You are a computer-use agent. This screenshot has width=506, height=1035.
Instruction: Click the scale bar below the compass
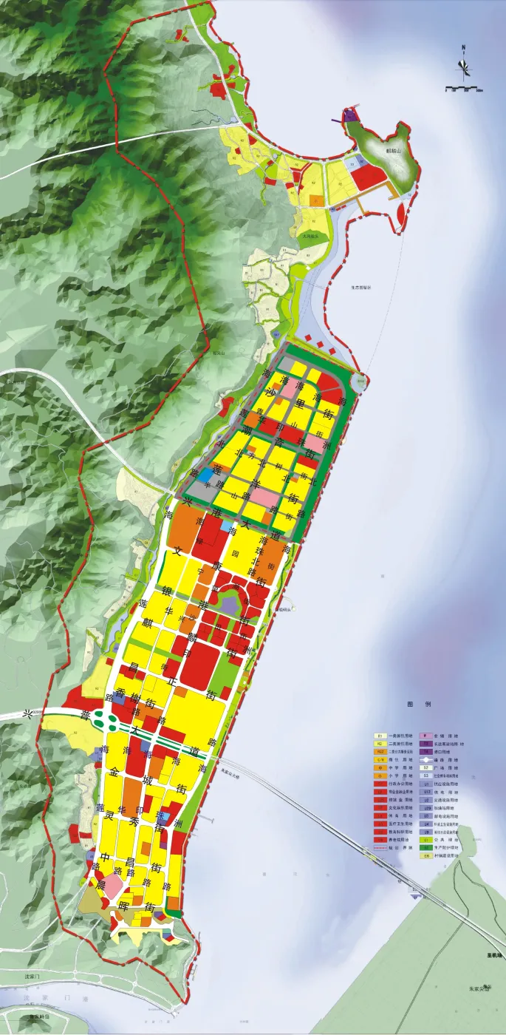pyautogui.click(x=464, y=89)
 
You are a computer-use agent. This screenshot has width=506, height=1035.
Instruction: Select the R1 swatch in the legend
pyautogui.click(x=380, y=736)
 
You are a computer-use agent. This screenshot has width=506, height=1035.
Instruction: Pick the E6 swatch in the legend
pyautogui.click(x=426, y=856)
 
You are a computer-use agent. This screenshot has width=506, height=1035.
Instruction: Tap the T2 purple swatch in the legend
pyautogui.click(x=426, y=744)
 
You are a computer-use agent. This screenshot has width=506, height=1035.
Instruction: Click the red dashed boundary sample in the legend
pyautogui.click(x=380, y=848)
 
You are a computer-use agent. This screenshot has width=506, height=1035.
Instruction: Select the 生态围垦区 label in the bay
pyautogui.click(x=363, y=288)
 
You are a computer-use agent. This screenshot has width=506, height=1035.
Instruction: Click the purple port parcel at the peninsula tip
pyautogui.click(x=350, y=116)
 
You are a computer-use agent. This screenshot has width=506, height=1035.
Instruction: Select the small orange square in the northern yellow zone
pyautogui.click(x=316, y=200)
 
